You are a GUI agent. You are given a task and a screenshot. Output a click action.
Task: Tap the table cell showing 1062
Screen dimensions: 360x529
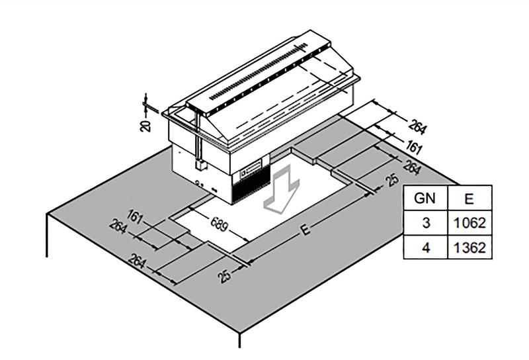click(470, 223)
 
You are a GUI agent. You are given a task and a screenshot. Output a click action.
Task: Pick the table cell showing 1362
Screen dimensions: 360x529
click(470, 247)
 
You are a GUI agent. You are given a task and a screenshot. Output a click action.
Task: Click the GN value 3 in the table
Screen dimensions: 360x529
click(426, 223)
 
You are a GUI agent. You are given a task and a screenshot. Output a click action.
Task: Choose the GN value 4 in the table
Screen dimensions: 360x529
click(426, 247)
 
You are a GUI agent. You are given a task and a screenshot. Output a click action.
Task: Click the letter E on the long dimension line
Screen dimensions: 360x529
click(305, 230)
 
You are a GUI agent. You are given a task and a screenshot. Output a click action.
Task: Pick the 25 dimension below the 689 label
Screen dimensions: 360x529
click(225, 275)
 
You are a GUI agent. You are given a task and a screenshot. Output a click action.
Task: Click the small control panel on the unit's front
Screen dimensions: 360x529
click(251, 169)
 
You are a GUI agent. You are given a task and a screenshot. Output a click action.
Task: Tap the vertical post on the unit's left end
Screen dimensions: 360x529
click(198, 139)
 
